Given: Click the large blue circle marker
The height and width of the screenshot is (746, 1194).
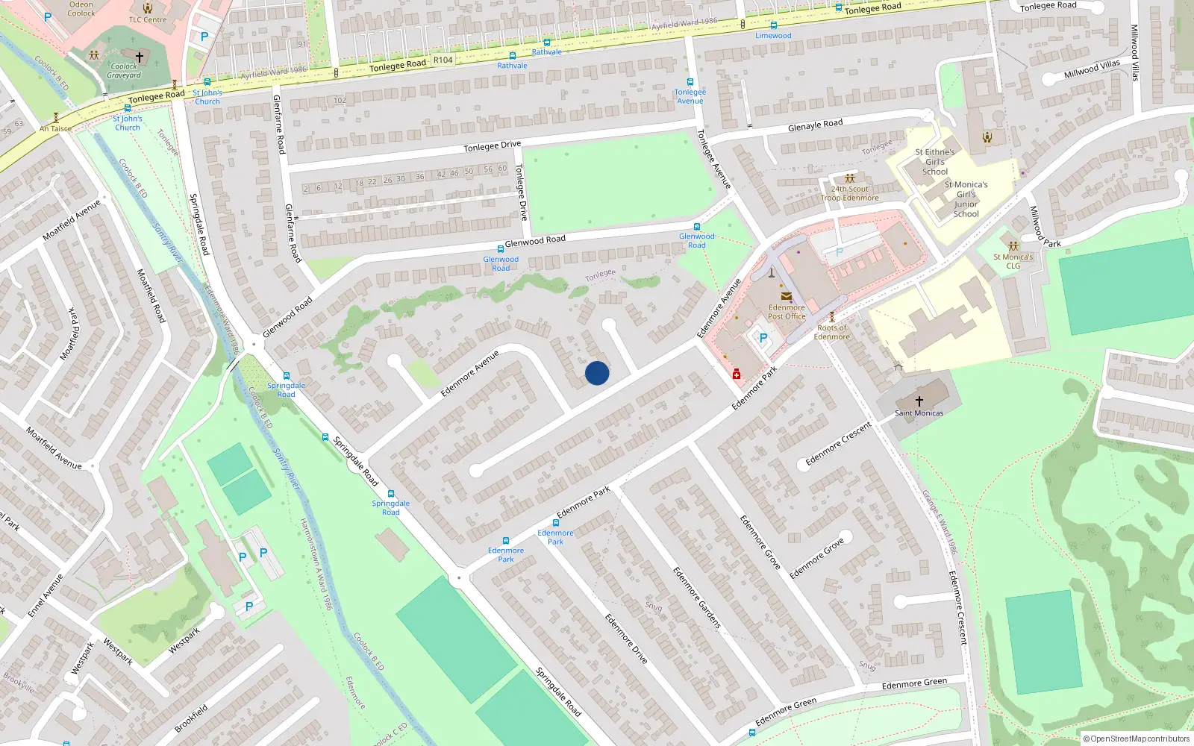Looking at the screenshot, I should tap(597, 373).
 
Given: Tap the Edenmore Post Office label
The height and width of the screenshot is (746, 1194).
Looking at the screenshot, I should tap(787, 312).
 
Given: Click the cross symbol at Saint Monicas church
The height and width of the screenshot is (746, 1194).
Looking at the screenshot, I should tap(919, 401).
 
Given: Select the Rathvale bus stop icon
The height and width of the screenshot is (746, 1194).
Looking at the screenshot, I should tap(547, 43).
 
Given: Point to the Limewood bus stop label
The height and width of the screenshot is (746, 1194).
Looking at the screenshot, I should tap(773, 36).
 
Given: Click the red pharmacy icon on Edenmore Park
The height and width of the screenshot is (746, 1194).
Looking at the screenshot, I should tap(737, 374).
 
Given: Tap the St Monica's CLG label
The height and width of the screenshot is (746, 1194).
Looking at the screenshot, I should tap(1013, 261).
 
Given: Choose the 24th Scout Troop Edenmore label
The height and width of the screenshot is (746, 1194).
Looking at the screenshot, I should tap(849, 193).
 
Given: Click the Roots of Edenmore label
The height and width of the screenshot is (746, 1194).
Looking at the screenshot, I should tap(831, 332).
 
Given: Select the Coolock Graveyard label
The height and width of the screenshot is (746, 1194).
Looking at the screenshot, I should tap(124, 70).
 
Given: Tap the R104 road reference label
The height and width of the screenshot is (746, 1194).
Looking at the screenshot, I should tap(443, 60).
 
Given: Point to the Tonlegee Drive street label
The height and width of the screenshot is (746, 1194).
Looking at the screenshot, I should tap(493, 146).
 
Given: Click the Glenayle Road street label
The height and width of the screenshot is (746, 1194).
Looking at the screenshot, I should tap(815, 125).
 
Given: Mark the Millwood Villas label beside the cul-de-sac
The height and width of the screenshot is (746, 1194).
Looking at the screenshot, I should tap(1092, 69).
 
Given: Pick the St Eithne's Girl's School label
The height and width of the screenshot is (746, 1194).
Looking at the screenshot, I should tap(935, 161).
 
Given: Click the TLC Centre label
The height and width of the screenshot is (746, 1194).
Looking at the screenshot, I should tap(148, 19).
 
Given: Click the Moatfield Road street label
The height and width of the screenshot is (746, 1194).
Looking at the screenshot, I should tap(151, 295).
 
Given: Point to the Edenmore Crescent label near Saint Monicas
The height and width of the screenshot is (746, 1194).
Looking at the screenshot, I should tap(838, 444).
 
